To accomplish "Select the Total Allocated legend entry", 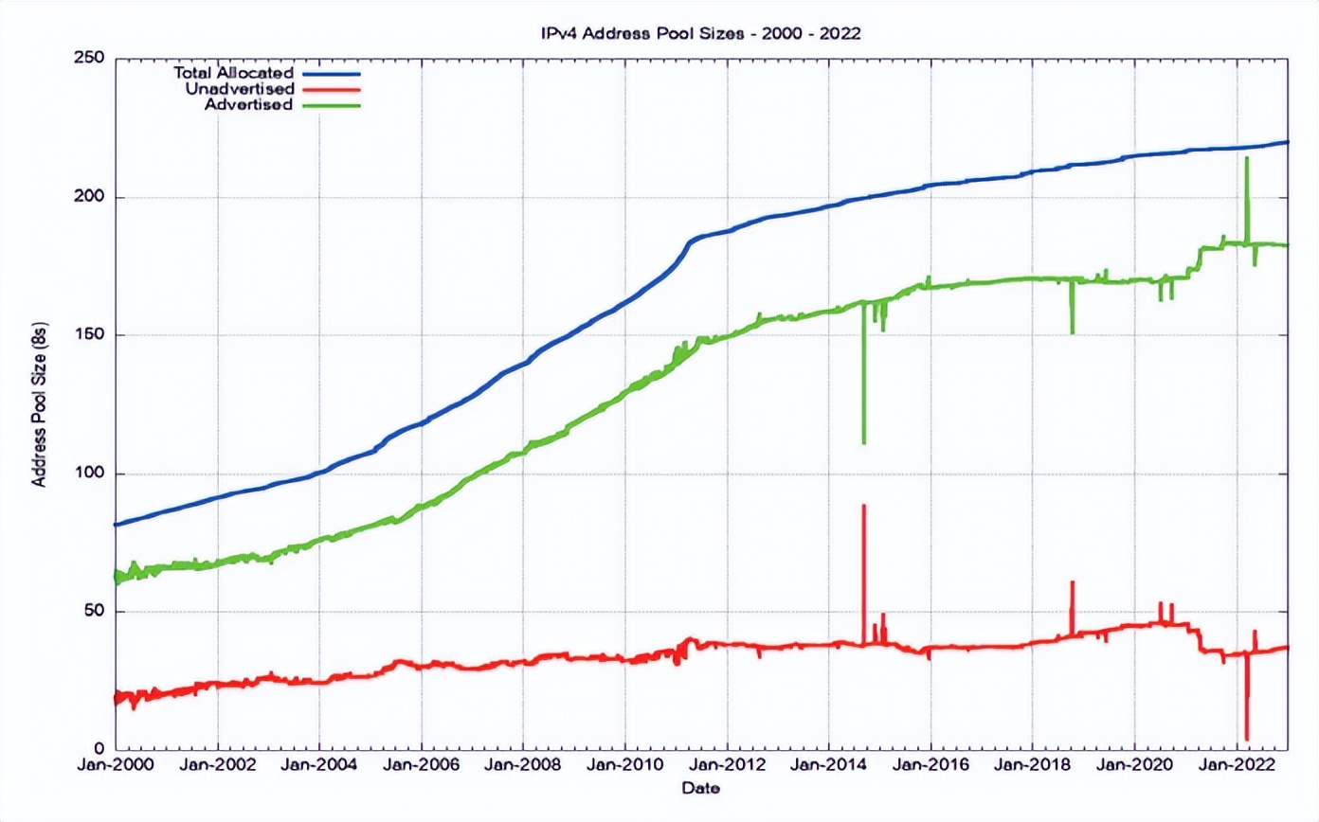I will pos(234,72).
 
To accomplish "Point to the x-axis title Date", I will pos(701,789).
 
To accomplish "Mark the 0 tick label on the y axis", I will pos(101,750).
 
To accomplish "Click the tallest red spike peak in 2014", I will pos(864,507).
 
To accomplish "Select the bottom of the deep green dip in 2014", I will pos(864,442).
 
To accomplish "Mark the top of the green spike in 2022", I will pos(1247,158).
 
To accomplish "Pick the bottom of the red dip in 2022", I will pos(1247,739).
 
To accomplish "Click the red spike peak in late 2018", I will pos(1072,582).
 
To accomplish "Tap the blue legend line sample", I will pos(333,72).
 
